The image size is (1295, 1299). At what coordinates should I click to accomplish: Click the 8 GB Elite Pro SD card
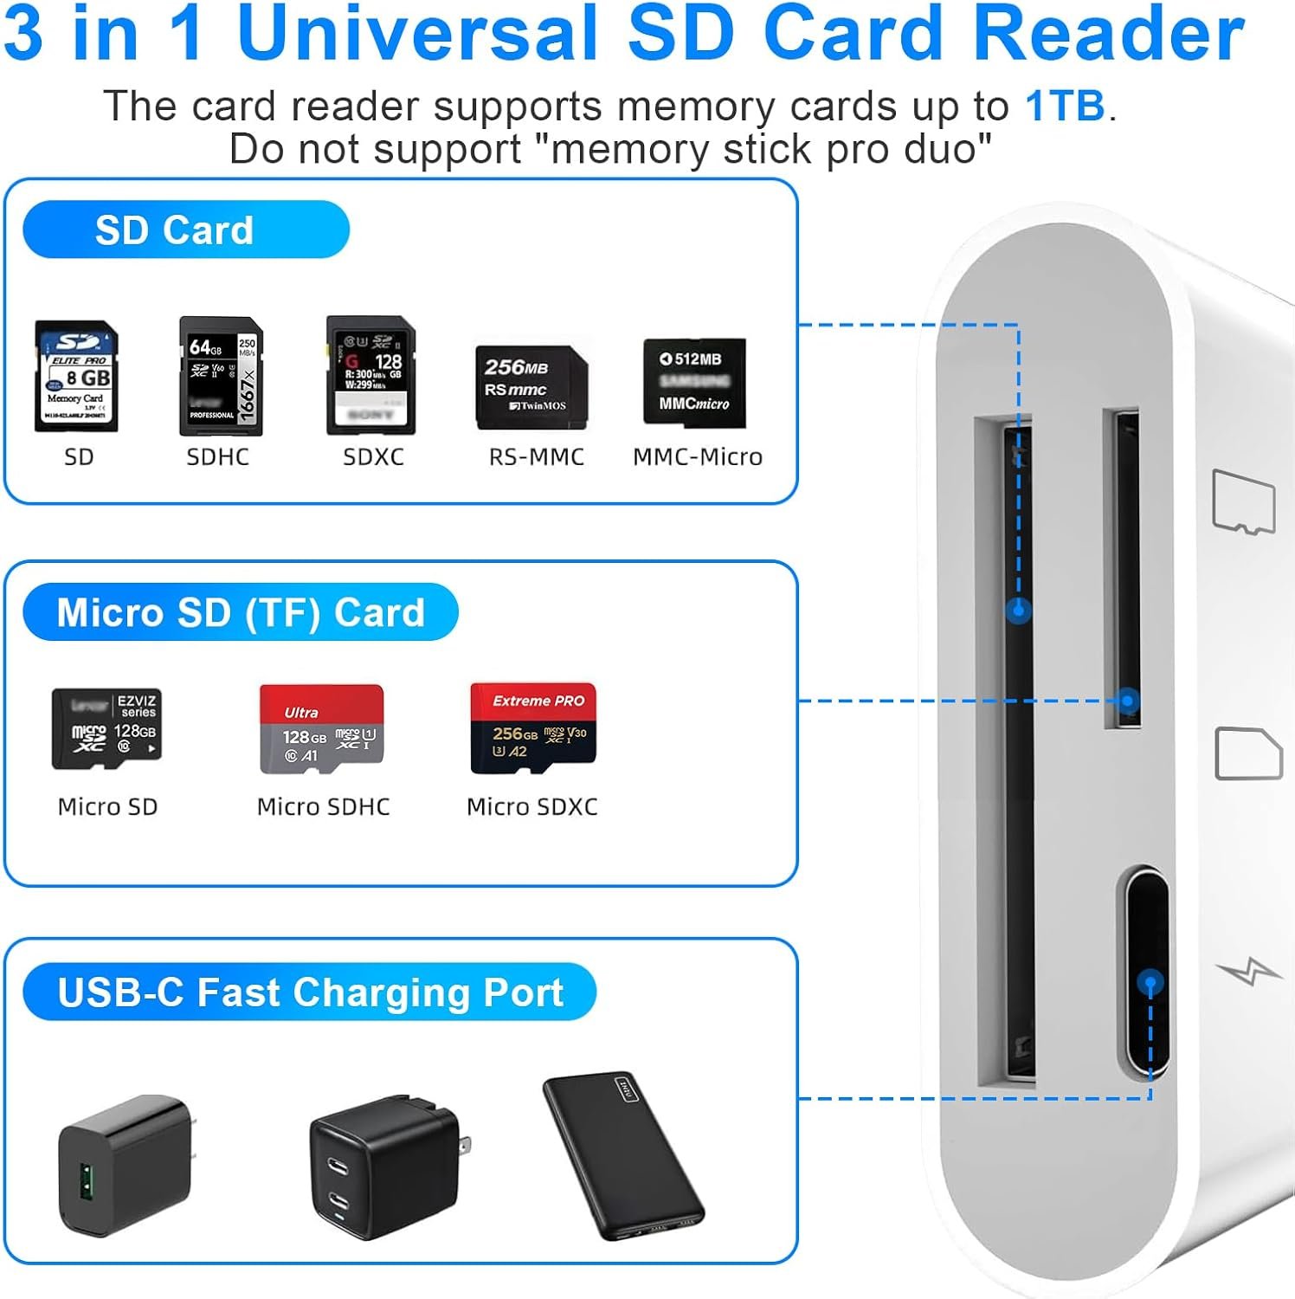pos(76,377)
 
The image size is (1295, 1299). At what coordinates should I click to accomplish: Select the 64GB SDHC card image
pos(221,376)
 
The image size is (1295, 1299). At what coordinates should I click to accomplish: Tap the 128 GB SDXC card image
pos(370,375)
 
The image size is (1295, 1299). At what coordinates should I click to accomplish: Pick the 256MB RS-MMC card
pos(532,387)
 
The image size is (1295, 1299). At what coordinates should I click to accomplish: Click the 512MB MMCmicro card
pos(694,382)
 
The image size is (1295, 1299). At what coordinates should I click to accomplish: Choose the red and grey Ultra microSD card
pos(322,728)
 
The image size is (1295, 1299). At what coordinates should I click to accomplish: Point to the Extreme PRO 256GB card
pos(533,727)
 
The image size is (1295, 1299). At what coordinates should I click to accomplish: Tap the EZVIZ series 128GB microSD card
pos(106,728)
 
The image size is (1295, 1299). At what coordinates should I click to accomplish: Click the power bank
pos(623,1157)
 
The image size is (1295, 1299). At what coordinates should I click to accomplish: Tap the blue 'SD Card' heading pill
pos(185,230)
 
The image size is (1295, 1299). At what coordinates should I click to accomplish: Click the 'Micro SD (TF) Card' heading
pos(240,612)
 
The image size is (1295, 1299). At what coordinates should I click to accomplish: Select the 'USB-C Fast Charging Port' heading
pos(309,992)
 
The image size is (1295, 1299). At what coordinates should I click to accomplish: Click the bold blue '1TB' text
pos(1065,107)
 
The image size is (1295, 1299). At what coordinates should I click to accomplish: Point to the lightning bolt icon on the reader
pos(1249,973)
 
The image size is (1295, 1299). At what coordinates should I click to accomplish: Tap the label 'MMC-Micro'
pos(698,457)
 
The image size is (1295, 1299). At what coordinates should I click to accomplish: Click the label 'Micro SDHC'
pos(323,807)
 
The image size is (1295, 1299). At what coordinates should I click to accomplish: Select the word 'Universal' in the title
pos(417,35)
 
